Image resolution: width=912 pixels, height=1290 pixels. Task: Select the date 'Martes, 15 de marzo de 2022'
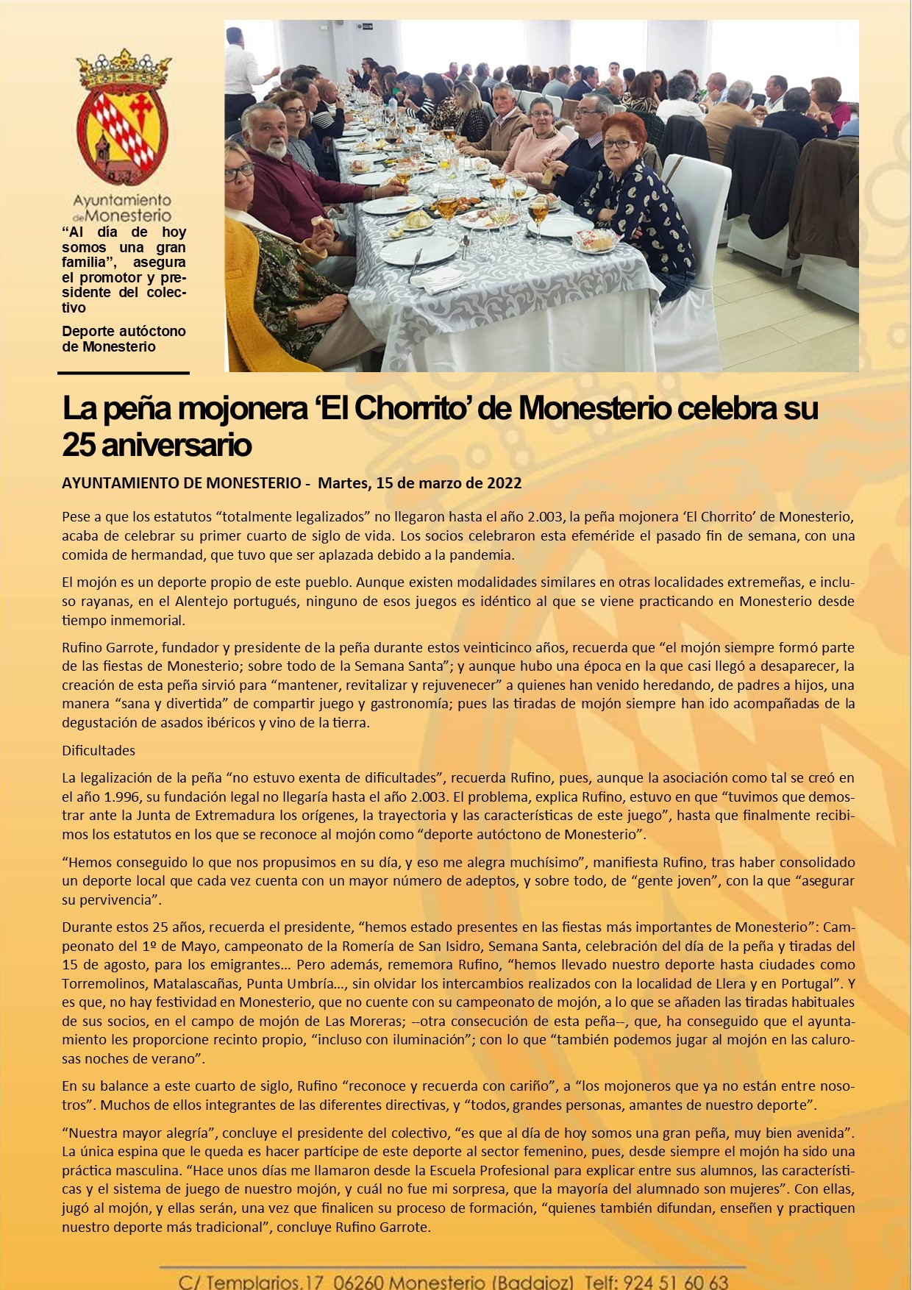(419, 483)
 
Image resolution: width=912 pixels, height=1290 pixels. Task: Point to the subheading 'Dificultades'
(99, 750)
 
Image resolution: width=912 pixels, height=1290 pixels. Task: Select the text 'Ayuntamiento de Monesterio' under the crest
(122, 207)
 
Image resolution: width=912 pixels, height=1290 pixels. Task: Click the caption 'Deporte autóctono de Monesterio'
(124, 339)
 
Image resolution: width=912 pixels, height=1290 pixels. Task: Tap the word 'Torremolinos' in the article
(99, 983)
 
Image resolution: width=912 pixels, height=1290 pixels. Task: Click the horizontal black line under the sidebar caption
(124, 373)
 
